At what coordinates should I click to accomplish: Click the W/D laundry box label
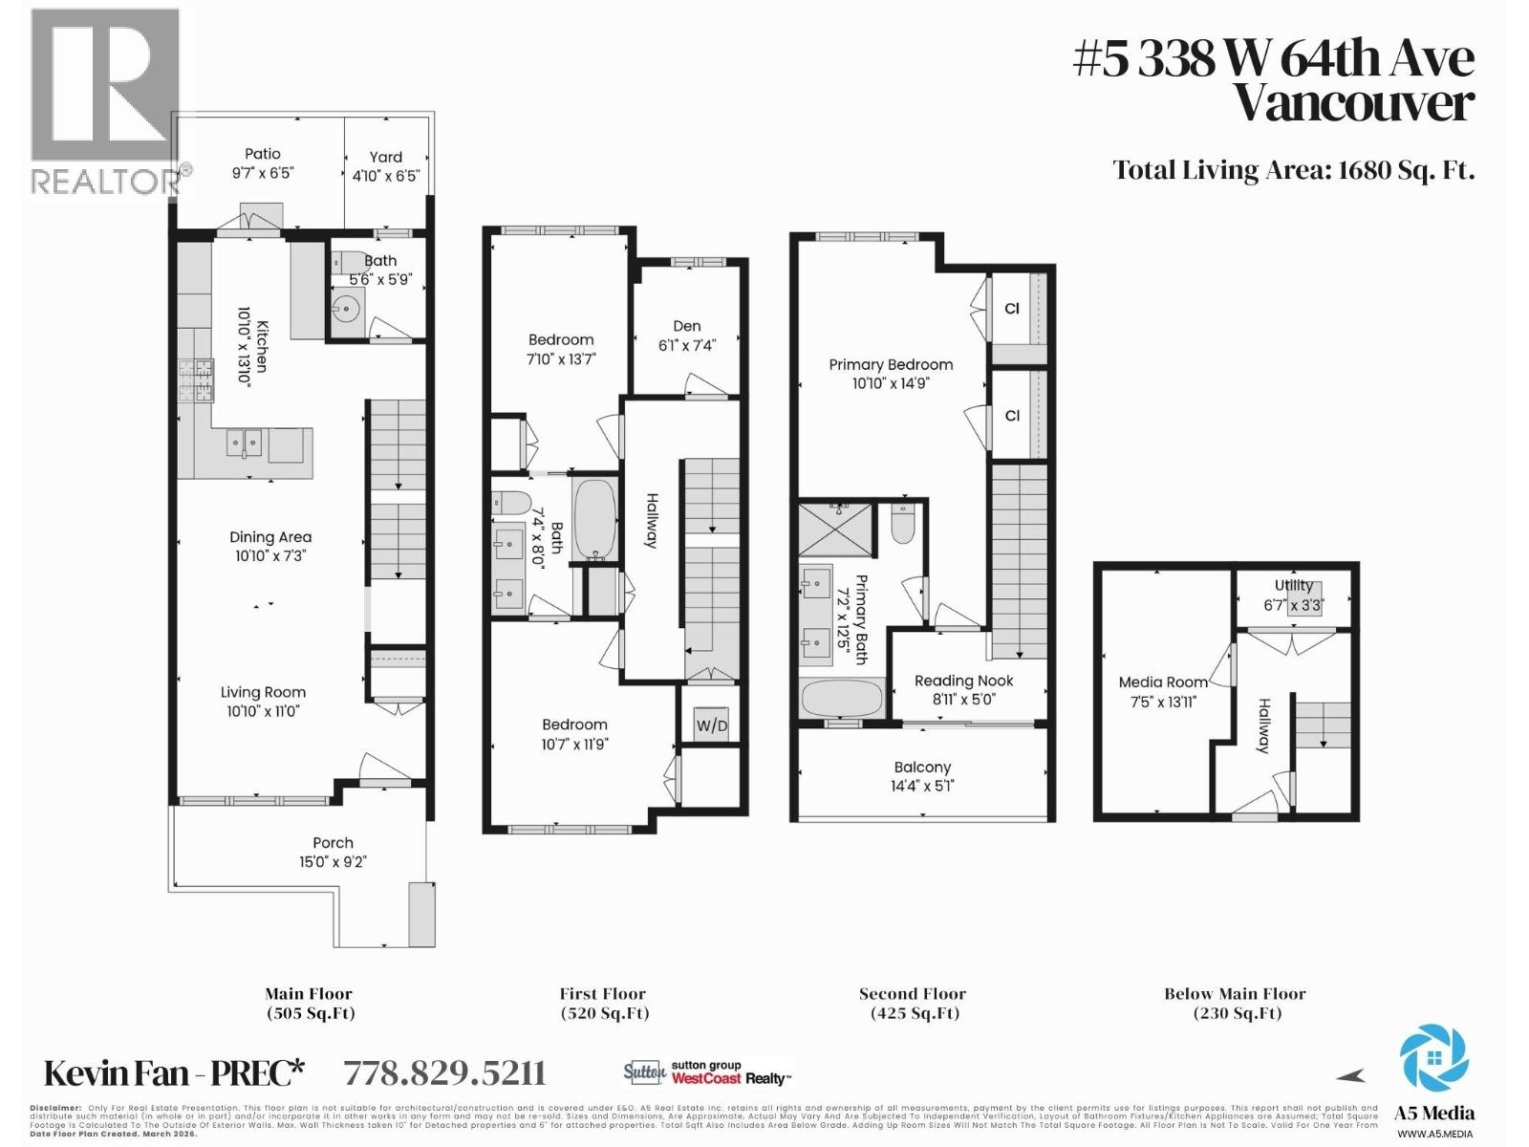[711, 725]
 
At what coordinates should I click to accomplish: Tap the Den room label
[686, 326]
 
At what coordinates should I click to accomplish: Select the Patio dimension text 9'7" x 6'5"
[262, 173]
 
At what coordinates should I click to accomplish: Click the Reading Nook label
[963, 681]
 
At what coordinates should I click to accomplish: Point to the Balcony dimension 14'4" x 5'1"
[922, 786]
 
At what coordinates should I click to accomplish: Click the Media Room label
[1163, 682]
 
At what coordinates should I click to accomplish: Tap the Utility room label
[1293, 586]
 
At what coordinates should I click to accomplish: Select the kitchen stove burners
[195, 380]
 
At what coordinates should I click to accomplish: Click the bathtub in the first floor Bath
[595, 518]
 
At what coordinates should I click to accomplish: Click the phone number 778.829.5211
[444, 1073]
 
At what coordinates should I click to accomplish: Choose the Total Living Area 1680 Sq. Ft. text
[1293, 170]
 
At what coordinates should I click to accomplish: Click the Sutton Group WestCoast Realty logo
[708, 1072]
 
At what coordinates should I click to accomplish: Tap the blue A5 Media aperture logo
[1433, 1058]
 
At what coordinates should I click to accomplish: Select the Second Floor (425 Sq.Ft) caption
[913, 1004]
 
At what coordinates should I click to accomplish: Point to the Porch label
[333, 842]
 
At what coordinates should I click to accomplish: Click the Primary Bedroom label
[891, 364]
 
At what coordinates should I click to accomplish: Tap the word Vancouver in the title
[1353, 103]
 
